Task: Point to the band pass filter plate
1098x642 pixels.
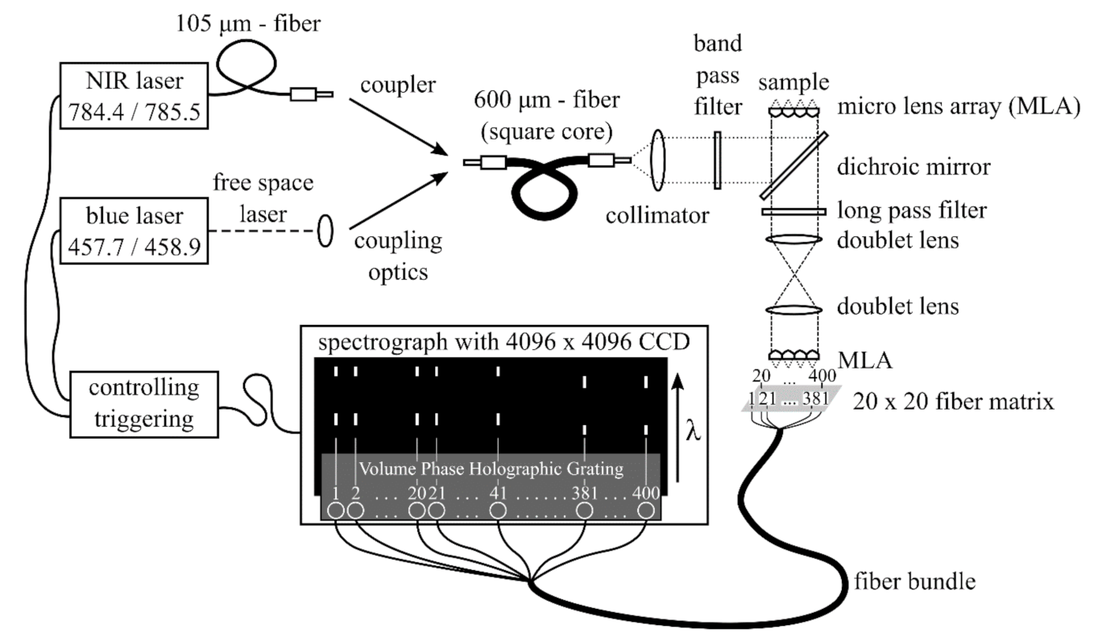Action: pos(715,160)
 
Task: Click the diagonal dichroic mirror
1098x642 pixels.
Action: pos(793,165)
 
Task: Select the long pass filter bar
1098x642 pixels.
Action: pos(793,212)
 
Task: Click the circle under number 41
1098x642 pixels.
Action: pos(499,511)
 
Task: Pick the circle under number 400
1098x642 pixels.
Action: pos(646,511)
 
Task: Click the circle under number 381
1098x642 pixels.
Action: pos(586,511)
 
